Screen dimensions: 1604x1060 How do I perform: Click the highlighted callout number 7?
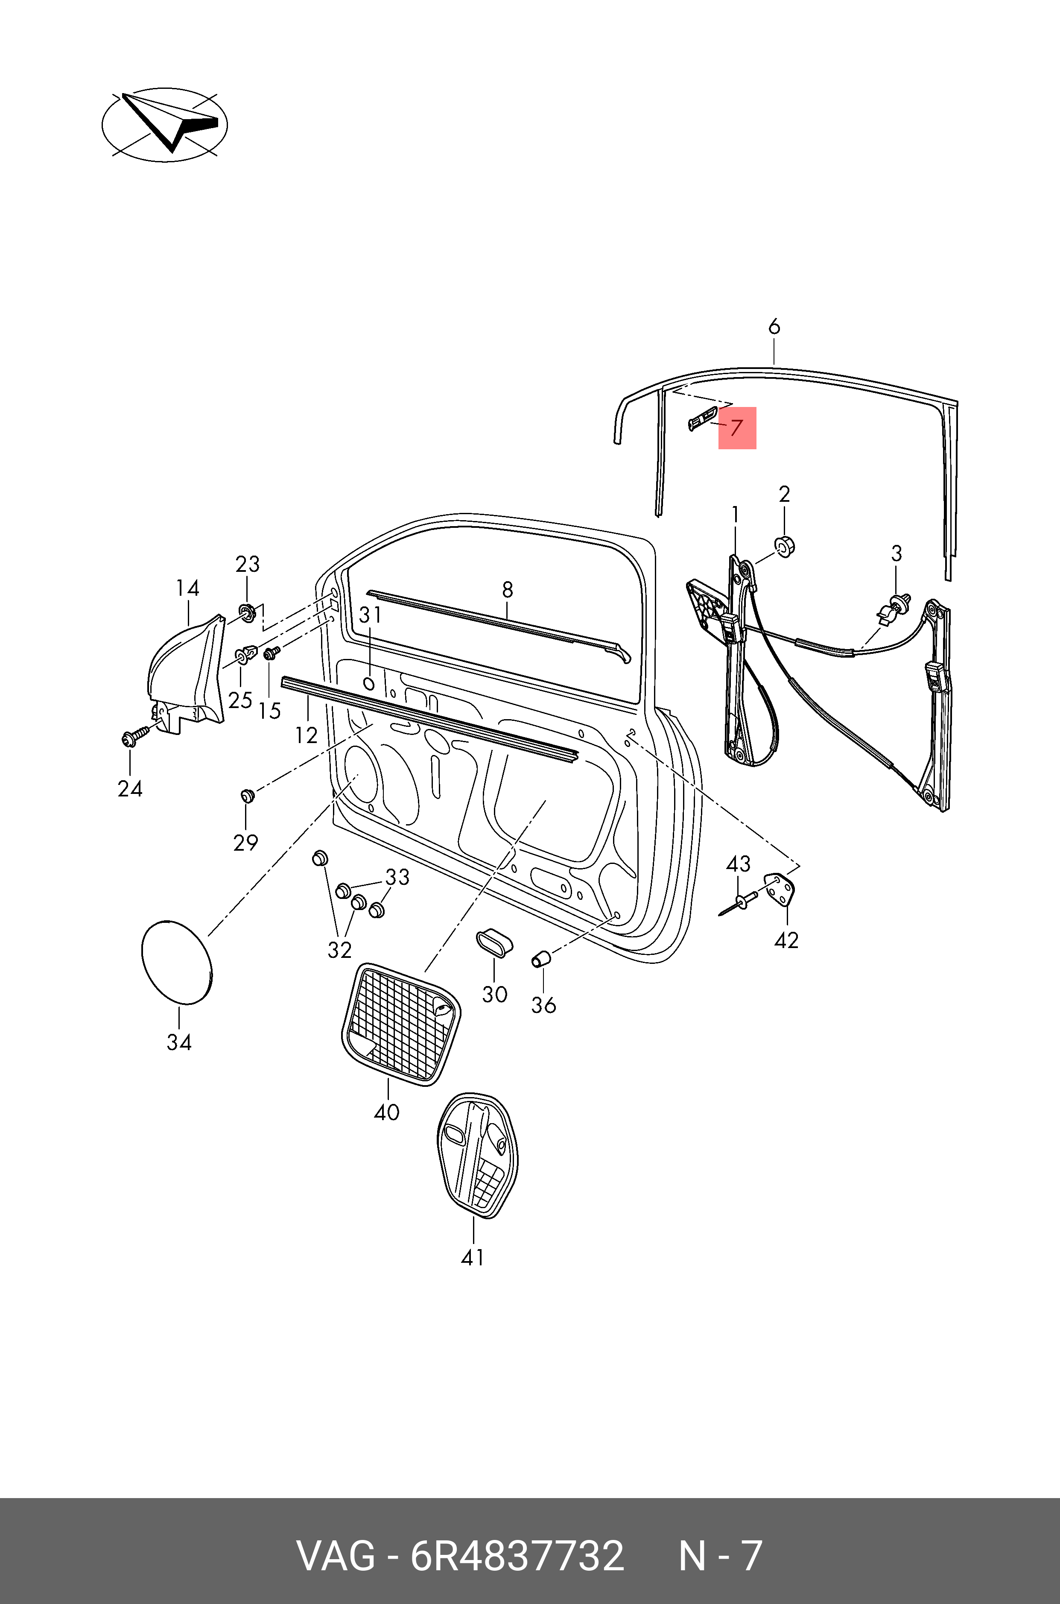[736, 428]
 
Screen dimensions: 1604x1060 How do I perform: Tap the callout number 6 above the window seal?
[774, 327]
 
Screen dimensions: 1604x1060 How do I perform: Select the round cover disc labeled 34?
[176, 962]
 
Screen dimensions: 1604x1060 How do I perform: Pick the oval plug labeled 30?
[494, 942]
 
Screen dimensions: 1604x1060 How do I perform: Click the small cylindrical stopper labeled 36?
[541, 959]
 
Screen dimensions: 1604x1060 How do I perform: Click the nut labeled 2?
[784, 544]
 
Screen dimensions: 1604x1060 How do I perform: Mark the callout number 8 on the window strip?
[508, 590]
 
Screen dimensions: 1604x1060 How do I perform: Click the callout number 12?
[306, 735]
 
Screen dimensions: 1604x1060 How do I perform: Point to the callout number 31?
[371, 615]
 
